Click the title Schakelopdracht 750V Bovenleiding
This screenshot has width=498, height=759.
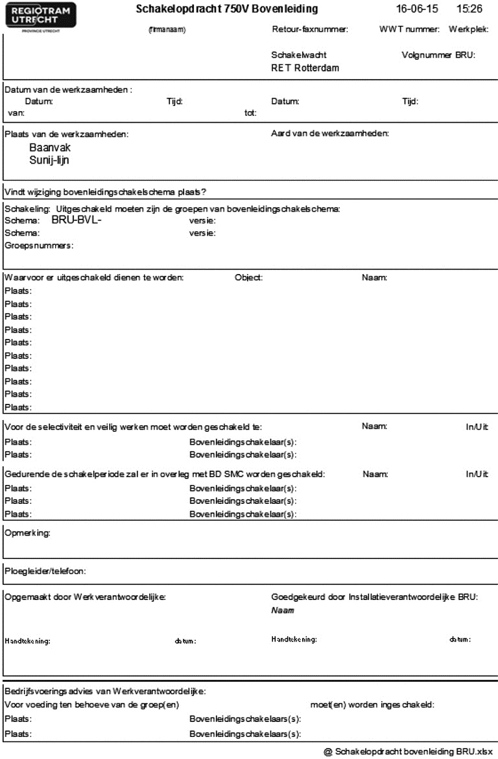pyautogui.click(x=227, y=9)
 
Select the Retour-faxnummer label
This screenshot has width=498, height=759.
pyautogui.click(x=310, y=30)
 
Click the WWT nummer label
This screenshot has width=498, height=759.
pyautogui.click(x=410, y=30)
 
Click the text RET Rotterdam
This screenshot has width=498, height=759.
pyautogui.click(x=305, y=68)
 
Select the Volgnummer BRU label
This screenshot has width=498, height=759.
pyautogui.click(x=438, y=55)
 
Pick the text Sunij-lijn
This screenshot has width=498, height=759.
pyautogui.click(x=49, y=160)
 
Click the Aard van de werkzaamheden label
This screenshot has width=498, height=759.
pyautogui.click(x=329, y=134)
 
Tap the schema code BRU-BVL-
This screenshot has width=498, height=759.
pyautogui.click(x=77, y=220)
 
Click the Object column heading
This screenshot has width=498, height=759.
pyautogui.click(x=248, y=278)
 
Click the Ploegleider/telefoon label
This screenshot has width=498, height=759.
pyautogui.click(x=45, y=571)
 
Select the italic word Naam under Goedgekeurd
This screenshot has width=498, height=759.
pyautogui.click(x=279, y=611)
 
